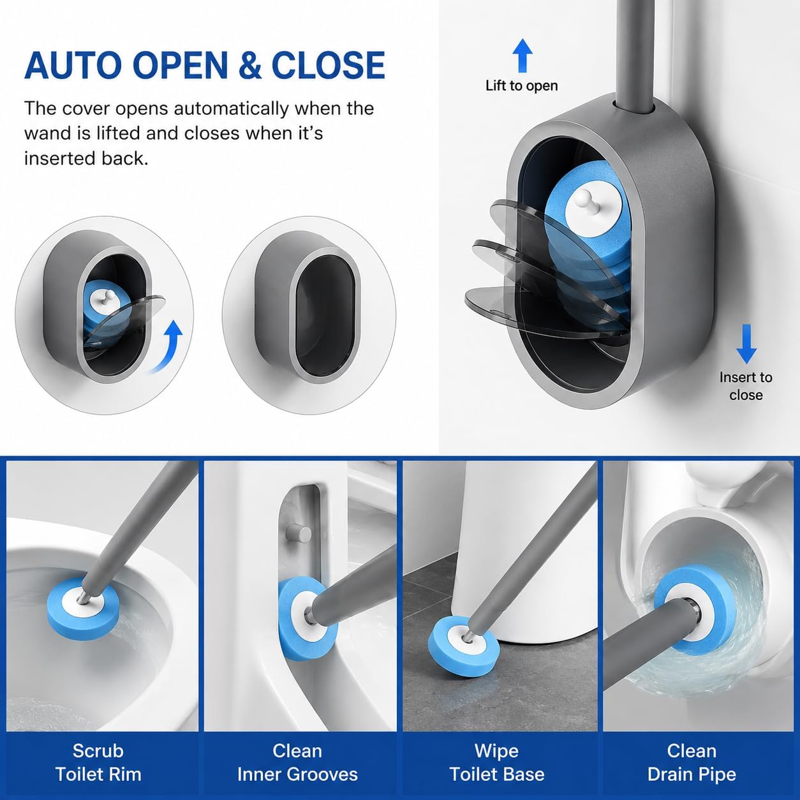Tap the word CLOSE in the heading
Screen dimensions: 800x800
point(329,66)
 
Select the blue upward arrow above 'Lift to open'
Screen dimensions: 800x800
point(522,56)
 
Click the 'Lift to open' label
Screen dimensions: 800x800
point(522,86)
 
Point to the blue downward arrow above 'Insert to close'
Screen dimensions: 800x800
point(746,344)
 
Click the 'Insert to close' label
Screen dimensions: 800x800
point(746,386)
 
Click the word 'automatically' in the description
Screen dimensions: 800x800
point(231,108)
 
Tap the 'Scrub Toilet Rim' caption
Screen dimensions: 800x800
point(98,762)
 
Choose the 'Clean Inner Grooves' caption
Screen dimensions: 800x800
point(297,762)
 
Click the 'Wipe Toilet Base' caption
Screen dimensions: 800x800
point(496,762)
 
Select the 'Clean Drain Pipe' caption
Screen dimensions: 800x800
point(692,762)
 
